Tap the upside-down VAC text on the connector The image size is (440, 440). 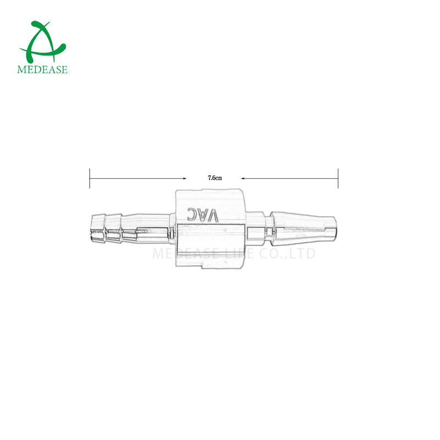point(203,215)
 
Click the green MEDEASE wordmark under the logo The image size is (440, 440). point(42,70)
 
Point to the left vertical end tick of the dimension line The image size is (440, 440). point(90,178)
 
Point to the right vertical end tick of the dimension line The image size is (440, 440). point(338,178)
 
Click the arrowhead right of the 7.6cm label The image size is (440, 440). point(244,178)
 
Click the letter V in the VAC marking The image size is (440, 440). point(213,215)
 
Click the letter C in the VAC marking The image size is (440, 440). point(193,215)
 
